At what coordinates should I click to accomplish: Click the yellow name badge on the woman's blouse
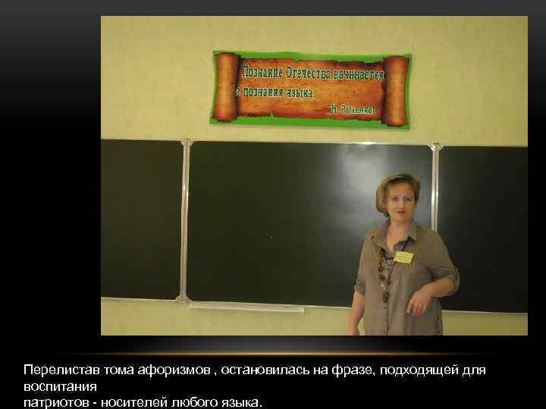pyautogui.click(x=404, y=257)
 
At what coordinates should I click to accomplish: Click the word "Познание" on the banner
pyautogui.click(x=262, y=73)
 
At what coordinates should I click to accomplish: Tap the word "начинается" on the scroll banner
pyautogui.click(x=362, y=75)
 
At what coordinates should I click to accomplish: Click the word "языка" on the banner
pyautogui.click(x=298, y=92)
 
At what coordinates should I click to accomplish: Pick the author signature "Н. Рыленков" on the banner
pyautogui.click(x=353, y=109)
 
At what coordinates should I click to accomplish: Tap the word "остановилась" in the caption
pyautogui.click(x=260, y=371)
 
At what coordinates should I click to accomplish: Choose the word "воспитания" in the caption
pyautogui.click(x=55, y=386)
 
